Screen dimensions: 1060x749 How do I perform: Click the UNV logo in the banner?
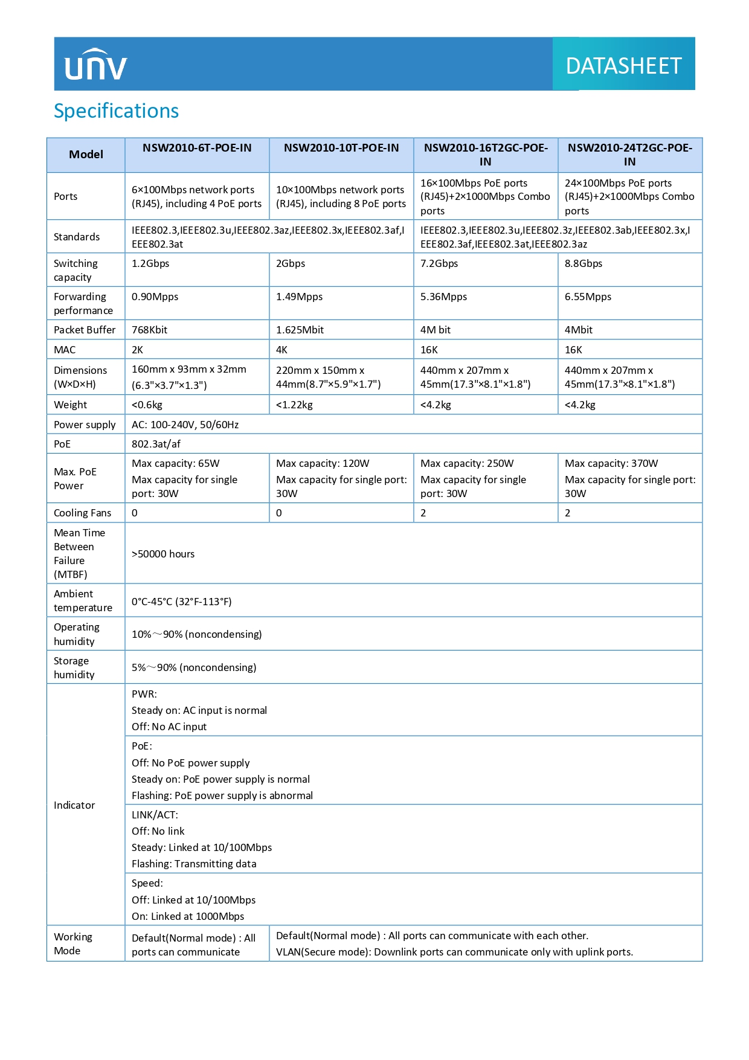[96, 65]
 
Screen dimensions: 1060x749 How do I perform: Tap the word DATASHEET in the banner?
[623, 66]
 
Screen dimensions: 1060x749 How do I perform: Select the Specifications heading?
[116, 111]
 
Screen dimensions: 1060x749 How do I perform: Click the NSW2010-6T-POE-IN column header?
[197, 148]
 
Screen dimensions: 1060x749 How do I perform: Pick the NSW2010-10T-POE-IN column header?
[341, 148]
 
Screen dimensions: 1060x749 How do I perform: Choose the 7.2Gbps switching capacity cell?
[439, 263]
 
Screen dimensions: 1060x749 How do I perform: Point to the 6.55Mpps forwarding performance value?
[588, 297]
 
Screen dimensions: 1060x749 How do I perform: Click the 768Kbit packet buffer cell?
[150, 330]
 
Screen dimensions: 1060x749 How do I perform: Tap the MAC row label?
[65, 350]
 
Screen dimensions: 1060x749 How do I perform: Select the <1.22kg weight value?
[294, 405]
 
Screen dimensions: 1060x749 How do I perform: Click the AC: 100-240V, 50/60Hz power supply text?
[185, 425]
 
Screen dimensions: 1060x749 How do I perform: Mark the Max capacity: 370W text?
[611, 463]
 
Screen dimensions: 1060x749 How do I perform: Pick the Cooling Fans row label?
[82, 513]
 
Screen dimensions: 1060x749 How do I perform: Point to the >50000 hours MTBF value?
[163, 554]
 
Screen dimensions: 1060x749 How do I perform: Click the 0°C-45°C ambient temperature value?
[181, 602]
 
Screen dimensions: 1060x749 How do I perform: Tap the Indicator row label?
[74, 805]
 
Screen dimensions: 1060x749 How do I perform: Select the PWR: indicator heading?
[144, 694]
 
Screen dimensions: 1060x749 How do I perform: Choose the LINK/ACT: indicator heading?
[155, 815]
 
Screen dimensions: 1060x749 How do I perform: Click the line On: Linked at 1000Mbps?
[188, 916]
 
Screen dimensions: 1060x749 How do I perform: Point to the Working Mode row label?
[73, 943]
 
